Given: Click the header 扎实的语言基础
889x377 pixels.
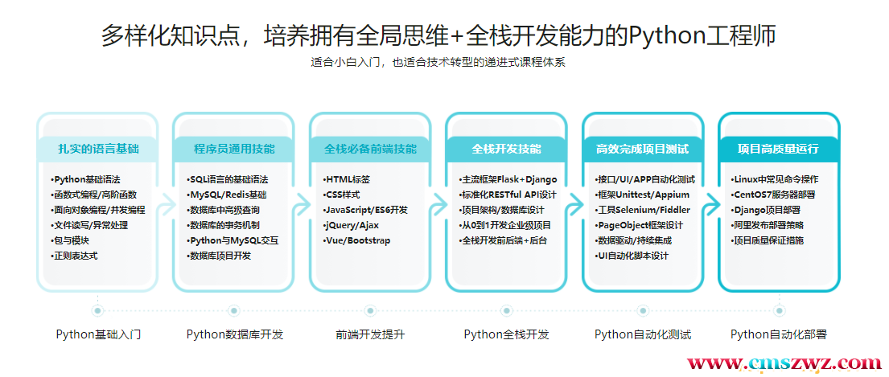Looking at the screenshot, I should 97,149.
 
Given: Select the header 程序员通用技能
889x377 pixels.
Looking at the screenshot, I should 233,149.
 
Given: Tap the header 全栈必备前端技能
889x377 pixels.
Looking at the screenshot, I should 370,149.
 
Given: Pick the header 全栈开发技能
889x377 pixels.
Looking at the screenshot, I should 506,149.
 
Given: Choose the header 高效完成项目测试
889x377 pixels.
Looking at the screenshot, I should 642,149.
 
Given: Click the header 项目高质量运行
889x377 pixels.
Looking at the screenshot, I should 778,149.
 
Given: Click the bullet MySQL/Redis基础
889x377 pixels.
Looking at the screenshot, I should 227,195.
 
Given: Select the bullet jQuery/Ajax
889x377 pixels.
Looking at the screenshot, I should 352,225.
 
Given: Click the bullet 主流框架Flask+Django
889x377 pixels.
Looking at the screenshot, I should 507,179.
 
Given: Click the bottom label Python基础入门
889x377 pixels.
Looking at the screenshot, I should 98,334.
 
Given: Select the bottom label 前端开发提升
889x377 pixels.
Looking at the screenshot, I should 370,334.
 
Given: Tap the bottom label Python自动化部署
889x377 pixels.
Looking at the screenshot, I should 778,334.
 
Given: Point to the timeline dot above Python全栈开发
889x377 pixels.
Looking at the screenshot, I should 506,309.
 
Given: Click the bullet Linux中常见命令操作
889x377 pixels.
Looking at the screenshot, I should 775,179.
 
